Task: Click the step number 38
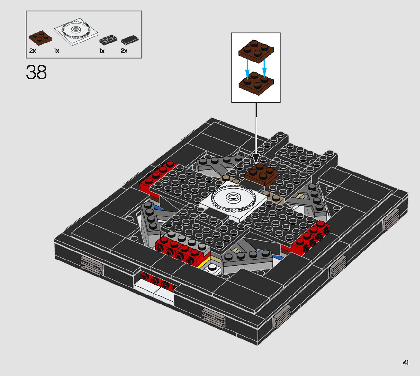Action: (x=36, y=72)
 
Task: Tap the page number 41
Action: (x=406, y=363)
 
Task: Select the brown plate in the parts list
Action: (x=40, y=39)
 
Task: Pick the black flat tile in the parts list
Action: (x=129, y=40)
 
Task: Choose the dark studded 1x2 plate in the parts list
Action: (x=108, y=39)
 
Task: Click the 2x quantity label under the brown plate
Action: (x=33, y=50)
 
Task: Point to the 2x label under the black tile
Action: (x=124, y=50)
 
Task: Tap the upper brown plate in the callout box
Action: (x=256, y=51)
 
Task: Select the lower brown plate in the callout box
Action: (x=256, y=83)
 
